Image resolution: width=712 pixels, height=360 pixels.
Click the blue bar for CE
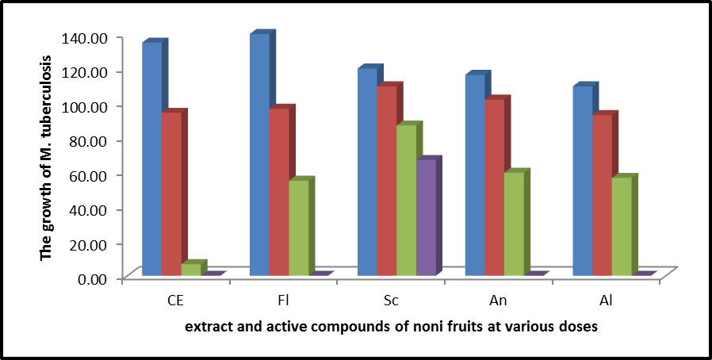[151, 159]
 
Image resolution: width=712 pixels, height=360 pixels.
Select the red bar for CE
[171, 194]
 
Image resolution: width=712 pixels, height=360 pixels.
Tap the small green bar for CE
[191, 270]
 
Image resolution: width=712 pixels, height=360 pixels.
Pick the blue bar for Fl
[259, 155]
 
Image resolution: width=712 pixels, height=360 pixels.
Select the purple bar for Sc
[426, 218]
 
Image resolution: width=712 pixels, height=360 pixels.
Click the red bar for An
[494, 187]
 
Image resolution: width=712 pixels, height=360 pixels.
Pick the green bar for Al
[622, 227]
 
